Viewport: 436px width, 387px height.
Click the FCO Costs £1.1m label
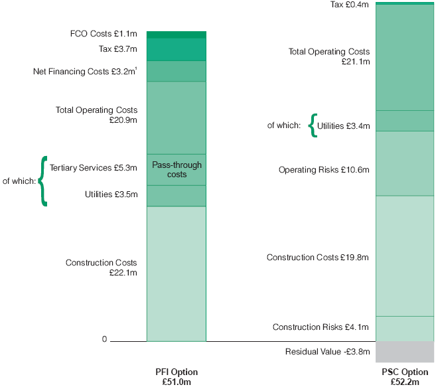click(x=103, y=33)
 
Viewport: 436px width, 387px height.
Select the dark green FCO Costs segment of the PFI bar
click(x=176, y=35)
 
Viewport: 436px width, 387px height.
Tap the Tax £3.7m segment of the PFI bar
click(x=176, y=50)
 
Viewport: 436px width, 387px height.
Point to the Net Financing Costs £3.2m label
click(x=85, y=71)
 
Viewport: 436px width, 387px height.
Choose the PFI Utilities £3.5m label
click(x=111, y=194)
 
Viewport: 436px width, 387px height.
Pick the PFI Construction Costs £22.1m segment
click(x=176, y=273)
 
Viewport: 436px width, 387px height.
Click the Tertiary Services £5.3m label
click(x=94, y=168)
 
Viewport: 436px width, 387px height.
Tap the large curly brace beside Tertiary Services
click(x=44, y=181)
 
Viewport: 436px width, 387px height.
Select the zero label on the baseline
click(x=104, y=339)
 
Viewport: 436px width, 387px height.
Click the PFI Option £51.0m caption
click(x=176, y=376)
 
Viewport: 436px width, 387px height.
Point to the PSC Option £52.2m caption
click(x=405, y=376)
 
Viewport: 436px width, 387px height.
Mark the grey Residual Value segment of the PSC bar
click(x=405, y=351)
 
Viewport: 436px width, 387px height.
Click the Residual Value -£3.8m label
click(x=327, y=352)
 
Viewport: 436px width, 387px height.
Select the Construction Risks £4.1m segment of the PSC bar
click(x=405, y=329)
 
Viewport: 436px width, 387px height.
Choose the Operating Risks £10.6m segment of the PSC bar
click(x=405, y=163)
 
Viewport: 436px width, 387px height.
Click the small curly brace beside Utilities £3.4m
click(x=313, y=125)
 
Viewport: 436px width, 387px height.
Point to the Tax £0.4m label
click(x=350, y=5)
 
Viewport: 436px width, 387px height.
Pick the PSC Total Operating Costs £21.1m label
click(x=329, y=56)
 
